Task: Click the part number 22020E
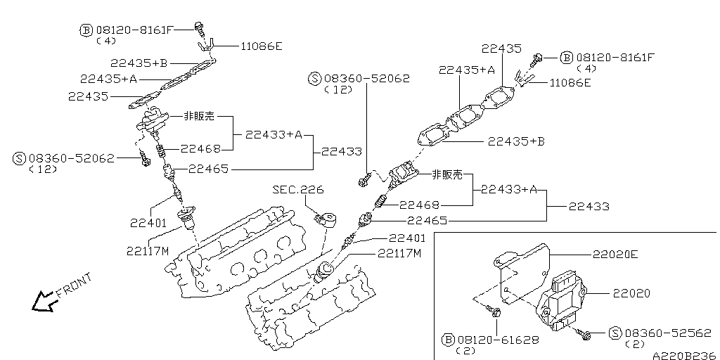(615, 255)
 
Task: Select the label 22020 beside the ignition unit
(631, 292)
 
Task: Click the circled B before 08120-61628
(448, 340)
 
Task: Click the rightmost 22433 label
(589, 207)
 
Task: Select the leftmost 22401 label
(147, 223)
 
